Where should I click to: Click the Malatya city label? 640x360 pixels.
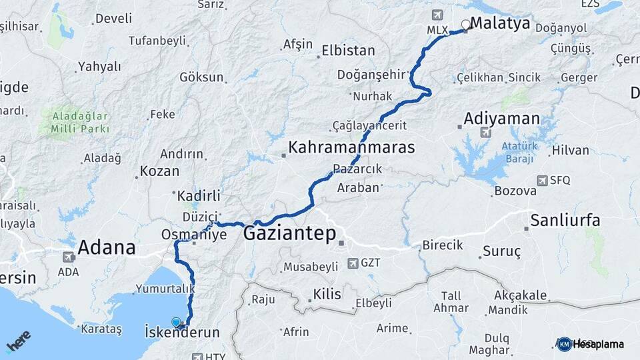(x=500, y=24)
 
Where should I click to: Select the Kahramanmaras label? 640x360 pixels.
(x=351, y=147)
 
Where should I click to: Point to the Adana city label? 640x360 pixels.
(x=107, y=248)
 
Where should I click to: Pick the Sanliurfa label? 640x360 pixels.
(x=565, y=220)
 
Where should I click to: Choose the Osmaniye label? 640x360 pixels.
(x=194, y=235)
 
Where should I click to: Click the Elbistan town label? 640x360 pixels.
(x=348, y=51)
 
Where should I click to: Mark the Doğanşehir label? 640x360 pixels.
(x=372, y=75)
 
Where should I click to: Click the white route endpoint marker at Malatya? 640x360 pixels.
(x=465, y=25)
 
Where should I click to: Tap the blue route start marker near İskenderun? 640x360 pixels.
(x=176, y=322)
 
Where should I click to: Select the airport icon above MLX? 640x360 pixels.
(x=437, y=15)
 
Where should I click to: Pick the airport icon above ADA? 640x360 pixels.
(x=68, y=257)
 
